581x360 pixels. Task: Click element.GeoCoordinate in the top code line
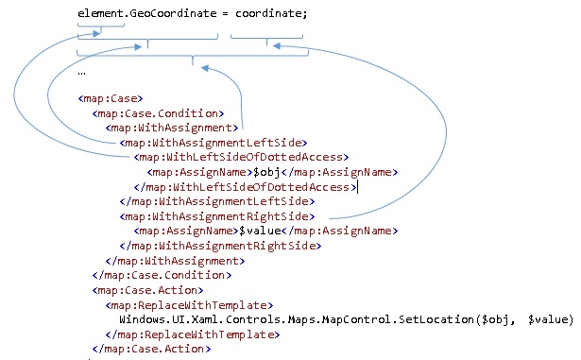(x=147, y=14)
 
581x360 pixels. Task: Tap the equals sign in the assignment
(x=226, y=14)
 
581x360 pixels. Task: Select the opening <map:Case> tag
(x=111, y=98)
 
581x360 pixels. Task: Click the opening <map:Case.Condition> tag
(x=158, y=113)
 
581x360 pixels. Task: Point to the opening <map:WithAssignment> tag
(x=172, y=128)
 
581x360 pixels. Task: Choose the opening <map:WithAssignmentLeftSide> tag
(x=214, y=143)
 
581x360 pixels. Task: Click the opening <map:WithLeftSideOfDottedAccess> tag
(x=241, y=157)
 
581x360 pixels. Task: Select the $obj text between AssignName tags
(x=266, y=172)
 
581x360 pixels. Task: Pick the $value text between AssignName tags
(x=260, y=231)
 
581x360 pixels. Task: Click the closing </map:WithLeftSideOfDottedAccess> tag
(x=245, y=187)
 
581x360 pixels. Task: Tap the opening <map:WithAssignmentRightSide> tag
(x=217, y=216)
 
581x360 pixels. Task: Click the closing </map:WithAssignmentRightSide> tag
(x=220, y=246)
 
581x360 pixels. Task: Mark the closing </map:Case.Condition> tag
(x=162, y=275)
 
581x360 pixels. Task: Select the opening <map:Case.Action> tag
(x=147, y=290)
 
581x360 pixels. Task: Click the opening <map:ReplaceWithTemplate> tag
(x=189, y=305)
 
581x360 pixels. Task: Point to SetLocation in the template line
(x=436, y=319)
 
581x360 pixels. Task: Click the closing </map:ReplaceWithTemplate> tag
(x=193, y=334)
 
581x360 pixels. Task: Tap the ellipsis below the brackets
(x=81, y=74)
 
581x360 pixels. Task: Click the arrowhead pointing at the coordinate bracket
(x=277, y=45)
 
